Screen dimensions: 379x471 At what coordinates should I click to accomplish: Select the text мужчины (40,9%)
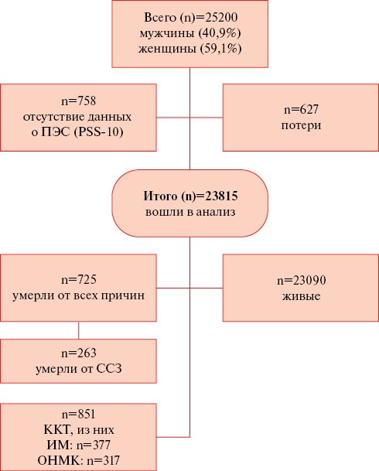190,33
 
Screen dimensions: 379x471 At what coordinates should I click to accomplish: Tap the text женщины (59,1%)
190,49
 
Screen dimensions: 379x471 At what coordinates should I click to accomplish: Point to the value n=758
79,101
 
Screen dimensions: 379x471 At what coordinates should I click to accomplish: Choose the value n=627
301,110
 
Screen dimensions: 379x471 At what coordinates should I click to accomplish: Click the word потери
301,125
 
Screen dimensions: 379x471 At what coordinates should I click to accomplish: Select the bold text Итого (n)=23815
190,196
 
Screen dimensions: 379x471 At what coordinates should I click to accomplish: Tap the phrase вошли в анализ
190,212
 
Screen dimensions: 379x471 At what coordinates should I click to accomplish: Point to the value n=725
79,280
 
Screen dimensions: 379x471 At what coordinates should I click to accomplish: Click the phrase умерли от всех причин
79,295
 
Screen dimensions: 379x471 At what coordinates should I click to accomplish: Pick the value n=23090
301,280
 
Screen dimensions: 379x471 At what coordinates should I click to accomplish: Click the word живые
301,296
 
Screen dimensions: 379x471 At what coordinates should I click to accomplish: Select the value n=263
79,353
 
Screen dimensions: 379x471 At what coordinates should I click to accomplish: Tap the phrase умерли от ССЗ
79,369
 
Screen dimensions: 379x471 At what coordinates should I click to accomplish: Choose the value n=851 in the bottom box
79,415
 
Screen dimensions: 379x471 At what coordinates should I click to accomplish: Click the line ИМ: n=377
79,445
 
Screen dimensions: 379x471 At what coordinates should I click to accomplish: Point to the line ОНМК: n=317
79,460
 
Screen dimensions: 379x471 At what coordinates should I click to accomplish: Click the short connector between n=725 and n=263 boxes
79,330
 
